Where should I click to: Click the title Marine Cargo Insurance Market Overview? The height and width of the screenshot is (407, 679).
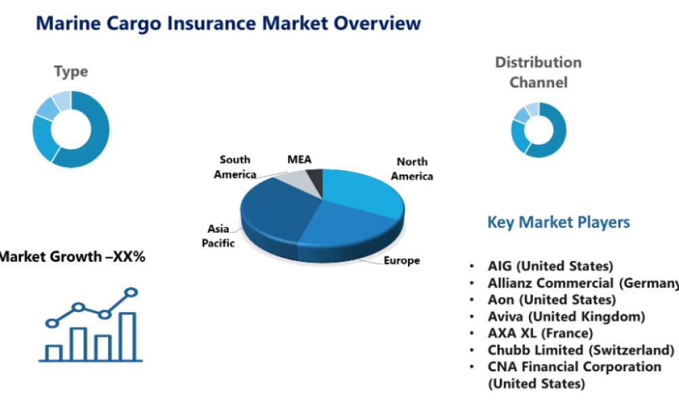point(228,24)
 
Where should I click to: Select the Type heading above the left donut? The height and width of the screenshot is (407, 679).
point(71,71)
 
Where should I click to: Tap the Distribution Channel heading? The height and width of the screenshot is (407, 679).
point(538,73)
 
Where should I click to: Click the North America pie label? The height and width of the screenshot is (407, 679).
point(414,169)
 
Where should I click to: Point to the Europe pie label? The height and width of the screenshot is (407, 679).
point(401,260)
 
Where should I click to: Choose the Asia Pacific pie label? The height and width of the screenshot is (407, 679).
point(219,236)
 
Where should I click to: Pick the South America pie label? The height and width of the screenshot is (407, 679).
point(235,167)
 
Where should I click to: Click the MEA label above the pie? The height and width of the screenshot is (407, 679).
point(299,160)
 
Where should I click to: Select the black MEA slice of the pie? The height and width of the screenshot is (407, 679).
point(315,180)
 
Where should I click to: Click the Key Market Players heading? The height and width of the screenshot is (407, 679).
point(558,222)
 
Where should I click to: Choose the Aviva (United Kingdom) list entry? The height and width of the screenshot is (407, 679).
point(566,316)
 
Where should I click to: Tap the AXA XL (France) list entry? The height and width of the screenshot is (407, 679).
point(540,333)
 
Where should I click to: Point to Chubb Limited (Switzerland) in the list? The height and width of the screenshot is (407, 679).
point(581,350)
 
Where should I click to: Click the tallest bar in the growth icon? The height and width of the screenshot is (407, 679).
point(128,336)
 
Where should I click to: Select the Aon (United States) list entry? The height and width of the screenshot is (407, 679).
point(551,299)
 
